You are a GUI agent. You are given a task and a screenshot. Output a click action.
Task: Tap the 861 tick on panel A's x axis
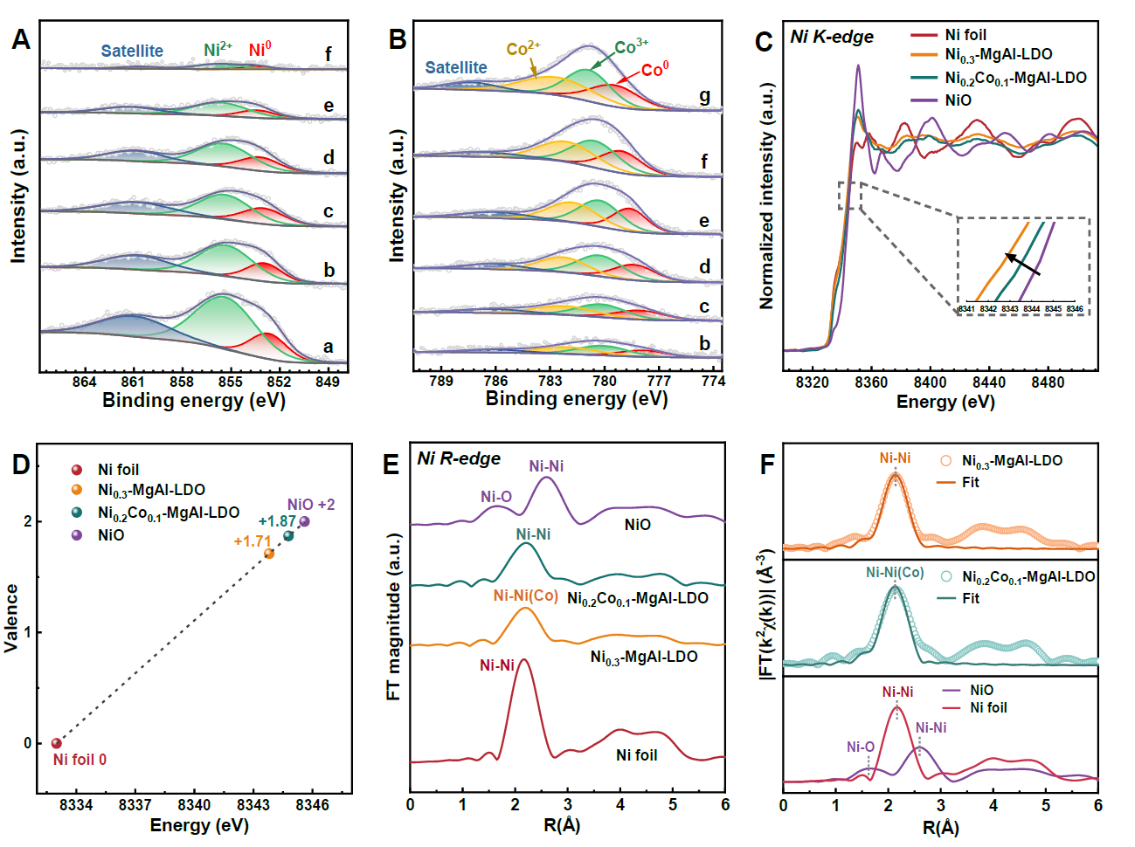pyautogui.click(x=133, y=382)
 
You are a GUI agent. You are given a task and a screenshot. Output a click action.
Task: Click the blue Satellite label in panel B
pyautogui.click(x=456, y=67)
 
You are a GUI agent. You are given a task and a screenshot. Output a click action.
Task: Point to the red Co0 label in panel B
pyautogui.click(x=654, y=69)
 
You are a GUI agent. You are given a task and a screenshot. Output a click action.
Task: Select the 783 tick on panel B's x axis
pyautogui.click(x=550, y=381)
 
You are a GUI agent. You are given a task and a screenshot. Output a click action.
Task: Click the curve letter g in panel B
pyautogui.click(x=704, y=96)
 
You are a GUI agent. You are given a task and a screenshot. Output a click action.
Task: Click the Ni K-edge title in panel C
pyautogui.click(x=831, y=37)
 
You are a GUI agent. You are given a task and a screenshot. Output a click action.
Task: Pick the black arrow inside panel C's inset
pyautogui.click(x=1022, y=264)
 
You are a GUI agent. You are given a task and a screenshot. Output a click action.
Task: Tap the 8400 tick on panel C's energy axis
pyautogui.click(x=930, y=382)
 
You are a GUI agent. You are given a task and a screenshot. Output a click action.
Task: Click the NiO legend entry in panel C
pyautogui.click(x=958, y=100)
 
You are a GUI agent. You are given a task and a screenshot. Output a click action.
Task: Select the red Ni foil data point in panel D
pyautogui.click(x=57, y=743)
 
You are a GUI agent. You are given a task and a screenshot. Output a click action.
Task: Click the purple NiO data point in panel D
pyautogui.click(x=304, y=521)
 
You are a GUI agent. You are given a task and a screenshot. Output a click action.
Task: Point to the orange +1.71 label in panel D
pyautogui.click(x=253, y=541)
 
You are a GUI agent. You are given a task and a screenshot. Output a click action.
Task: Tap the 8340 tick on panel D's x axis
pyautogui.click(x=194, y=804)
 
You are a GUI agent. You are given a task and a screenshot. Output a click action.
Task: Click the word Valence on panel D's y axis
pyautogui.click(x=11, y=618)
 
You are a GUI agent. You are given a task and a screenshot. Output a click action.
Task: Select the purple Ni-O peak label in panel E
pyautogui.click(x=496, y=497)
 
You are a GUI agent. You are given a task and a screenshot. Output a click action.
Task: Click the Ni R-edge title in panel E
pyautogui.click(x=459, y=458)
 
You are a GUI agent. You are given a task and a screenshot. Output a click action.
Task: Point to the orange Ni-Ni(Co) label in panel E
pyautogui.click(x=525, y=596)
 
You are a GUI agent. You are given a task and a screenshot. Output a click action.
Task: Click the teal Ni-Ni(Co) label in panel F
pyautogui.click(x=895, y=573)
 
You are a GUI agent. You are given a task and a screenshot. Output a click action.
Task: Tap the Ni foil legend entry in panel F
pyautogui.click(x=988, y=708)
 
